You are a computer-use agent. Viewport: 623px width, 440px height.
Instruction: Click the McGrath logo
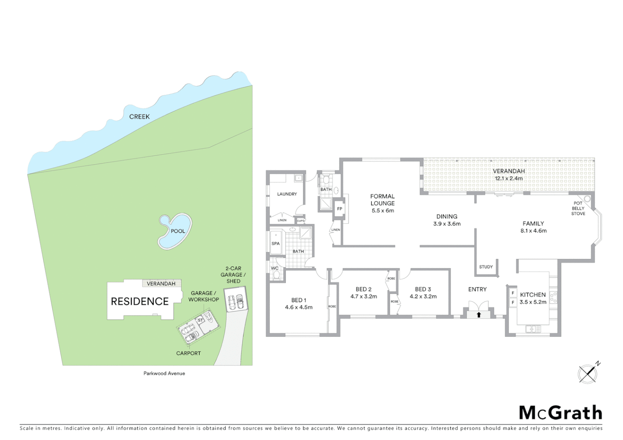(561, 413)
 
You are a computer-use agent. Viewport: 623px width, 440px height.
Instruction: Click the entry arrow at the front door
(479, 315)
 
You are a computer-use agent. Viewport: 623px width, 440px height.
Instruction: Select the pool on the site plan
(175, 231)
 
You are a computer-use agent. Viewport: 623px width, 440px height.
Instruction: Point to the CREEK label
(139, 117)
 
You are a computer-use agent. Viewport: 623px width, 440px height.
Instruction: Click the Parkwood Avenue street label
(164, 373)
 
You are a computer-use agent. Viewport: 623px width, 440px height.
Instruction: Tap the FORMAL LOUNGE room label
(382, 200)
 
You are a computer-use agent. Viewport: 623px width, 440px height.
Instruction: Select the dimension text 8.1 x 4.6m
(533, 231)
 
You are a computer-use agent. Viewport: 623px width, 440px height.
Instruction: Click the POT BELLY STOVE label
(578, 208)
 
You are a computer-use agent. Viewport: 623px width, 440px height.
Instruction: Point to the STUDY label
(486, 267)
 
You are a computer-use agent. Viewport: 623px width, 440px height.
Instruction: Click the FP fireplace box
(340, 209)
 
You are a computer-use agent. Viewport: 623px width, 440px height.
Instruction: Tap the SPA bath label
(276, 244)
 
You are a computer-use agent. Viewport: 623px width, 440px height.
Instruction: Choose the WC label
(275, 268)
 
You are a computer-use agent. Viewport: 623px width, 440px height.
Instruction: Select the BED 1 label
(299, 300)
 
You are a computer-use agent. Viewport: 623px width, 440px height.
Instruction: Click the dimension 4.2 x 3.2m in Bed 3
(423, 297)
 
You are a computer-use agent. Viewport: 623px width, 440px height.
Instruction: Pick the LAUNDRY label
(287, 194)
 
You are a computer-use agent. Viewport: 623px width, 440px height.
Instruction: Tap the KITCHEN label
(533, 295)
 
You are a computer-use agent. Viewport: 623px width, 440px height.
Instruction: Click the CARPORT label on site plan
(188, 353)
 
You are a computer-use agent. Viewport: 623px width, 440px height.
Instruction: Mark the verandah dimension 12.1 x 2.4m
(508, 178)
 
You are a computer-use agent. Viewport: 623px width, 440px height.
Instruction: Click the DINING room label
(447, 216)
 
